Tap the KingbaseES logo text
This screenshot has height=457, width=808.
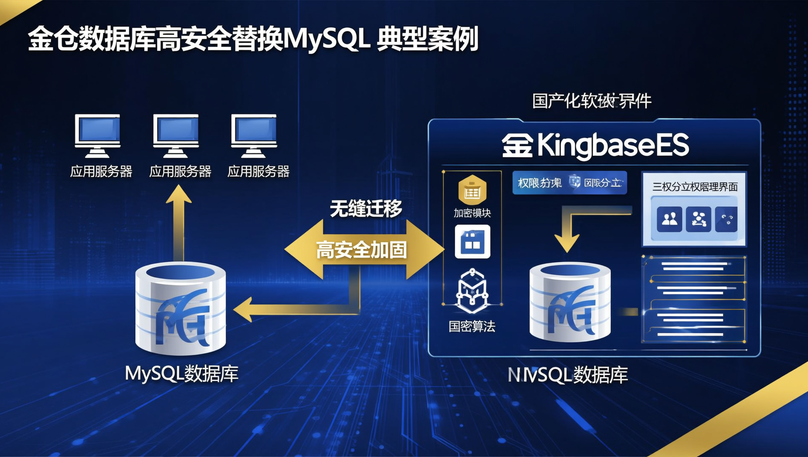tap(596, 146)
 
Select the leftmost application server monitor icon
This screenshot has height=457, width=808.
tap(98, 136)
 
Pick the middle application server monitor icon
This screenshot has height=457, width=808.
tap(176, 136)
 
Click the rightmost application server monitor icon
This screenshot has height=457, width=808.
tap(254, 136)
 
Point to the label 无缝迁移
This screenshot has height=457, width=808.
tap(366, 209)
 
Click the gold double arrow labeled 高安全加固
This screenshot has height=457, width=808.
tap(362, 249)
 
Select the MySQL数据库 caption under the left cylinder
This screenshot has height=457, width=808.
tap(182, 374)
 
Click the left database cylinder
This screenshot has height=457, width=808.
tap(181, 309)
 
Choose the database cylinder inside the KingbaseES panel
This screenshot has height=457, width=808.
tap(570, 302)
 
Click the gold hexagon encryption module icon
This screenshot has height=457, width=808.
tap(472, 190)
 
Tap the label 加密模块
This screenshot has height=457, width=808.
tap(472, 213)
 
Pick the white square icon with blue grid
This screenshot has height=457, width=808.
tap(472, 242)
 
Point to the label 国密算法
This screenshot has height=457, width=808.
tap(472, 327)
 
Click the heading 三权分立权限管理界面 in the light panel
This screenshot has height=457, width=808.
tap(695, 187)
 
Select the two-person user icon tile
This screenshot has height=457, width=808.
tap(669, 219)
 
